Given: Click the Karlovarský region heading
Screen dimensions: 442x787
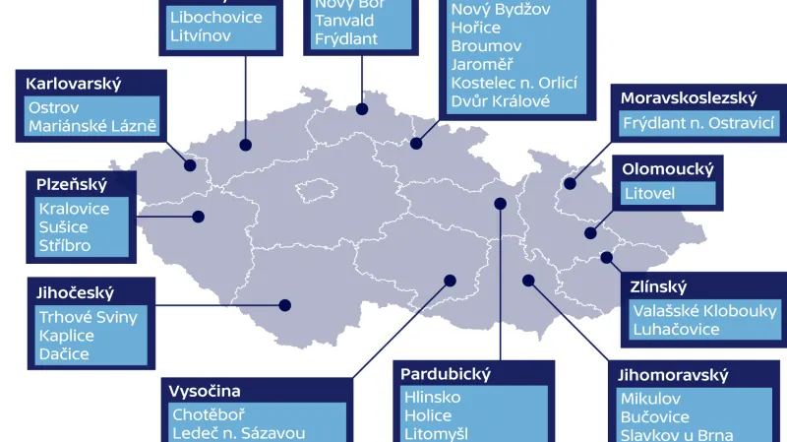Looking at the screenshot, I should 67,83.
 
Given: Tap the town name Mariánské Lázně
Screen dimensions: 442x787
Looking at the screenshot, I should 92,126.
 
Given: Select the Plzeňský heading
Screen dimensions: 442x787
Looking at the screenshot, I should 72,184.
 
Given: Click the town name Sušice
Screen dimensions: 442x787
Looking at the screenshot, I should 63,227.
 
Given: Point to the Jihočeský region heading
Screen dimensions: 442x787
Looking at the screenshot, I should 77,292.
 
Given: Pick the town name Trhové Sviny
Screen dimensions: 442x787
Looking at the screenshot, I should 88,317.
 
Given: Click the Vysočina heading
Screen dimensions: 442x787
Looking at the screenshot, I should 206,391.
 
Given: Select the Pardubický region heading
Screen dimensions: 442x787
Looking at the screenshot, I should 446,374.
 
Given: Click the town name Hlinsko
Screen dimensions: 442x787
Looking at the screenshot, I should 433,398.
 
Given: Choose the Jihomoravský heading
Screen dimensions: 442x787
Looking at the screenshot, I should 673,376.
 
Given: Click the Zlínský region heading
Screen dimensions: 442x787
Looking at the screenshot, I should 660,287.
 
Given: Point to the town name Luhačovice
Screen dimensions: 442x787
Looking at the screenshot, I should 676,330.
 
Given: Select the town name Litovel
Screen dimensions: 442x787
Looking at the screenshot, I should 649,193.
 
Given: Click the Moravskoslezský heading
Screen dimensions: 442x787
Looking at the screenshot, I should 688,97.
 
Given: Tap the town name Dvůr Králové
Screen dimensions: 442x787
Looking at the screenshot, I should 500,100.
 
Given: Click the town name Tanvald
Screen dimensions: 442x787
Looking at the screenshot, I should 343,21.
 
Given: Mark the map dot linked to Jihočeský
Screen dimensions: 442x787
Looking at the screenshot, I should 286,304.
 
